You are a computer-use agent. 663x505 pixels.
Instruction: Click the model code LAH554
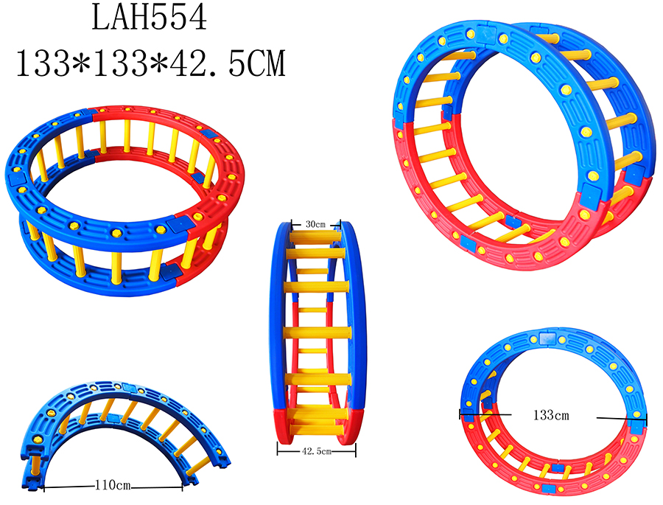pyautogui.click(x=150, y=18)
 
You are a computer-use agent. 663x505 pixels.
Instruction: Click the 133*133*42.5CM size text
pyautogui.click(x=151, y=63)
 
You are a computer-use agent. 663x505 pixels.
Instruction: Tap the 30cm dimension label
pyautogui.click(x=315, y=224)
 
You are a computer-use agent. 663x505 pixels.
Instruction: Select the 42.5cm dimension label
pyautogui.click(x=316, y=451)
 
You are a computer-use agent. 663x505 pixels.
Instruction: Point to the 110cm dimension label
pyautogui.click(x=113, y=485)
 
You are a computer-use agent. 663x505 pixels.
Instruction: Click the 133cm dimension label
pyautogui.click(x=551, y=415)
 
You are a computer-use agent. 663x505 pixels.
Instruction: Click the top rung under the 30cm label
pyautogui.click(x=315, y=236)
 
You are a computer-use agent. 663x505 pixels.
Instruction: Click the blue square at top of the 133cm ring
pyautogui.click(x=547, y=338)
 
